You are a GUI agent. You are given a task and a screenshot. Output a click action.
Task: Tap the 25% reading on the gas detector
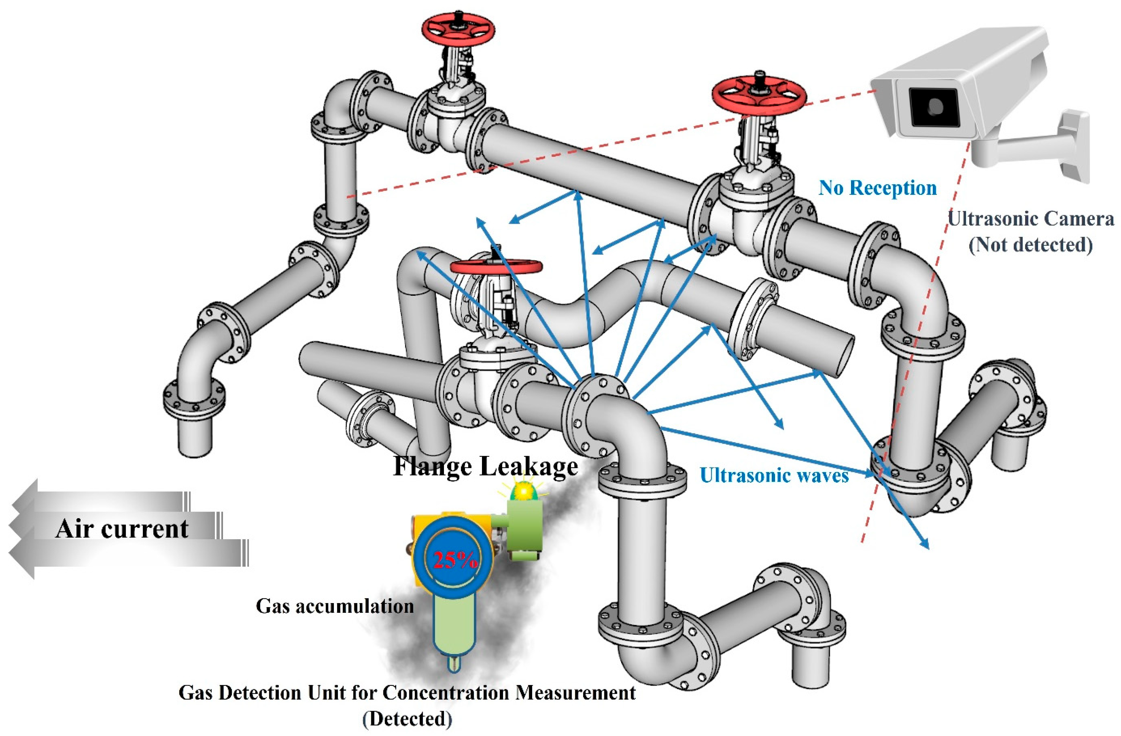tap(455, 559)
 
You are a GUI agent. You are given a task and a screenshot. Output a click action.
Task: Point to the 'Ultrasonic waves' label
tap(774, 475)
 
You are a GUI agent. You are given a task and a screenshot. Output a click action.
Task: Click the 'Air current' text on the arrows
tap(121, 529)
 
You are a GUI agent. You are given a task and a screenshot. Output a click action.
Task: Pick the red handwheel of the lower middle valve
tap(496, 266)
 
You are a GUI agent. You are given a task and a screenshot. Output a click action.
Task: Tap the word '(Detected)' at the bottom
tap(407, 718)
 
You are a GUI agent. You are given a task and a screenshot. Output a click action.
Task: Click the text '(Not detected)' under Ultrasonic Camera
tap(1030, 245)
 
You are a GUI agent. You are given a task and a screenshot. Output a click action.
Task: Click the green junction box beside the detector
tap(524, 527)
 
